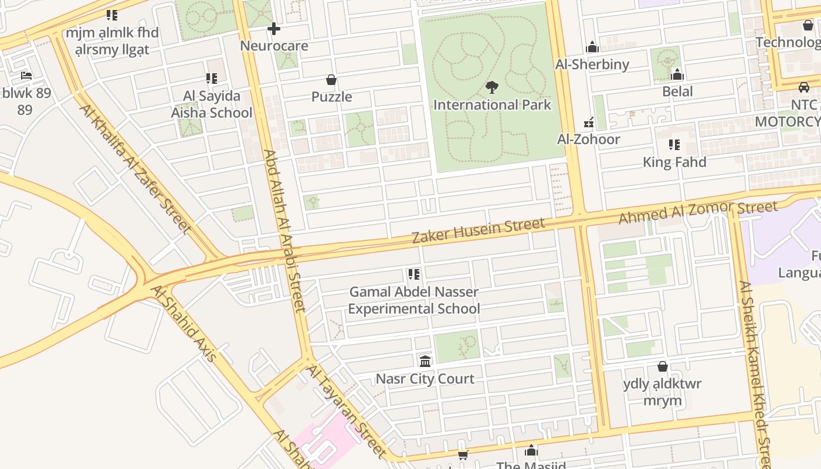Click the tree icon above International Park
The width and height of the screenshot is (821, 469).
click(x=492, y=87)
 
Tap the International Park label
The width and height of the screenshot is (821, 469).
click(x=492, y=105)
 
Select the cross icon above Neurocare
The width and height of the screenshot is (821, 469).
click(x=273, y=28)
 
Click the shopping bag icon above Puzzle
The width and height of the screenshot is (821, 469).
click(x=331, y=80)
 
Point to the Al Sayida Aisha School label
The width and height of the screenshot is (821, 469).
click(x=211, y=104)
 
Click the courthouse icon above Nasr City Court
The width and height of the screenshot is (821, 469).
click(x=425, y=361)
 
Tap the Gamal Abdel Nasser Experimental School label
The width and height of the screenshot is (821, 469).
click(x=414, y=300)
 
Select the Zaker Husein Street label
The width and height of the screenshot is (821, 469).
click(x=478, y=230)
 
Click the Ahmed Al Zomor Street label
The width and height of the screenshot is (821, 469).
click(x=698, y=212)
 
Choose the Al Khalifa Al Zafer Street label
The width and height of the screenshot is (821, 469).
click(x=135, y=169)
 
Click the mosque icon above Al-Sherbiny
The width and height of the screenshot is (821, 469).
click(x=592, y=47)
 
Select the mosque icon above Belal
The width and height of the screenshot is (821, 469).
click(x=677, y=74)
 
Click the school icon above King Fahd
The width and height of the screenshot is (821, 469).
click(x=674, y=145)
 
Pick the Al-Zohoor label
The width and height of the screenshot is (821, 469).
click(x=588, y=140)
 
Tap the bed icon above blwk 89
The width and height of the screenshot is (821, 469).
click(x=26, y=76)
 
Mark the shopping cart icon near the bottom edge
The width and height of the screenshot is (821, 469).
click(x=463, y=455)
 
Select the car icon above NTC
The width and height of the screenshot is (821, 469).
click(x=803, y=87)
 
